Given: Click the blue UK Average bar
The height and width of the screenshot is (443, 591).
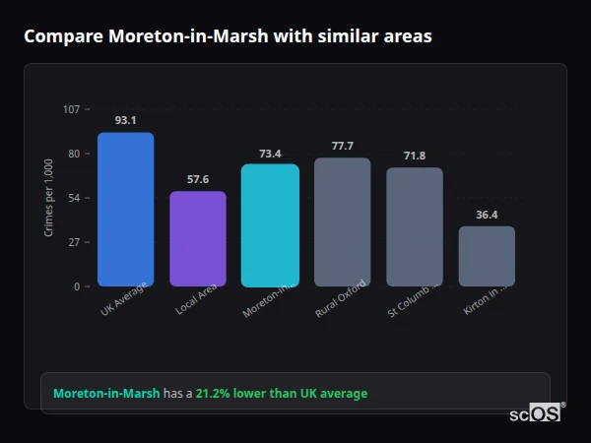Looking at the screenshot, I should click(125, 209).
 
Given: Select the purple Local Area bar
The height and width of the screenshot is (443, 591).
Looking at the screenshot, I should click(198, 238).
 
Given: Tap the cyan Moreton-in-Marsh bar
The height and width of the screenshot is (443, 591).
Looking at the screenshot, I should click(270, 224).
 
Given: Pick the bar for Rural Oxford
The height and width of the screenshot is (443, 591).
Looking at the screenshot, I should click(342, 221).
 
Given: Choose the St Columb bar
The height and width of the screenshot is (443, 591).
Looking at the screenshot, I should click(415, 226).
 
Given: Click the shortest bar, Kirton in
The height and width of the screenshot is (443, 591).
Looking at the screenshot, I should click(487, 256).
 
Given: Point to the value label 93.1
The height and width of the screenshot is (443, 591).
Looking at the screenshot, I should click(125, 120).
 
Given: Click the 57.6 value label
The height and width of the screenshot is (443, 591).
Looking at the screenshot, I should click(198, 179).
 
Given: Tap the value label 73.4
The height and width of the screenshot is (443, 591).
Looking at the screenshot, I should click(270, 153).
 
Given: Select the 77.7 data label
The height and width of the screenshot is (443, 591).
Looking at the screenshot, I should click(342, 146).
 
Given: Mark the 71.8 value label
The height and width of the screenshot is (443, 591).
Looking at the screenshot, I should click(415, 156).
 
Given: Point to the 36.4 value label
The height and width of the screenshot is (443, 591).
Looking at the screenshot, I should click(487, 215).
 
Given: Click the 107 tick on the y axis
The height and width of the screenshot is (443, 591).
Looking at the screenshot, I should click(71, 109).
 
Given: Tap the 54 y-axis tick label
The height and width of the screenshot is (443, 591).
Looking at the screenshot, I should click(74, 198).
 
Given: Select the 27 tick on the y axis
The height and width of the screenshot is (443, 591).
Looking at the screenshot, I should click(74, 242).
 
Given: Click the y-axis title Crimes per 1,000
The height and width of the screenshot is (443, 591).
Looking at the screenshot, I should click(49, 197).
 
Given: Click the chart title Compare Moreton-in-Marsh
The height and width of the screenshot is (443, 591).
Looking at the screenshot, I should click(228, 36).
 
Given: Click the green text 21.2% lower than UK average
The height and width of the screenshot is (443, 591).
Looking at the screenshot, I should click(281, 394).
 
